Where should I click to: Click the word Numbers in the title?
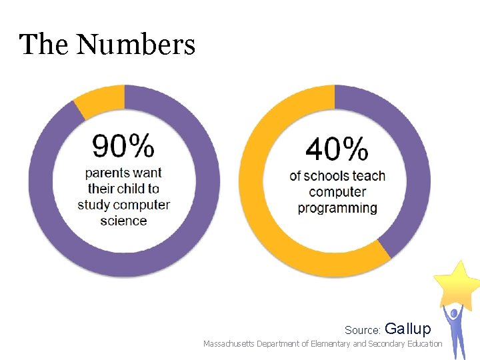(x=135, y=45)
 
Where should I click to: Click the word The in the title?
(x=45, y=45)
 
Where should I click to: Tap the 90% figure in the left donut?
(x=123, y=147)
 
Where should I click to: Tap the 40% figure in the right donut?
(x=337, y=149)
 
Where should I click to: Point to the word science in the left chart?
(x=123, y=221)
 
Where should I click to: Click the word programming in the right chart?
(x=337, y=208)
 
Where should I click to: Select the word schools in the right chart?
(x=327, y=177)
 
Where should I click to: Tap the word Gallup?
(x=408, y=329)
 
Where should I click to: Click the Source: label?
(x=363, y=330)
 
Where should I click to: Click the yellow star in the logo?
(x=457, y=283)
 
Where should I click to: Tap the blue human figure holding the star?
(x=455, y=330)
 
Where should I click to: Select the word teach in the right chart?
(x=369, y=177)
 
